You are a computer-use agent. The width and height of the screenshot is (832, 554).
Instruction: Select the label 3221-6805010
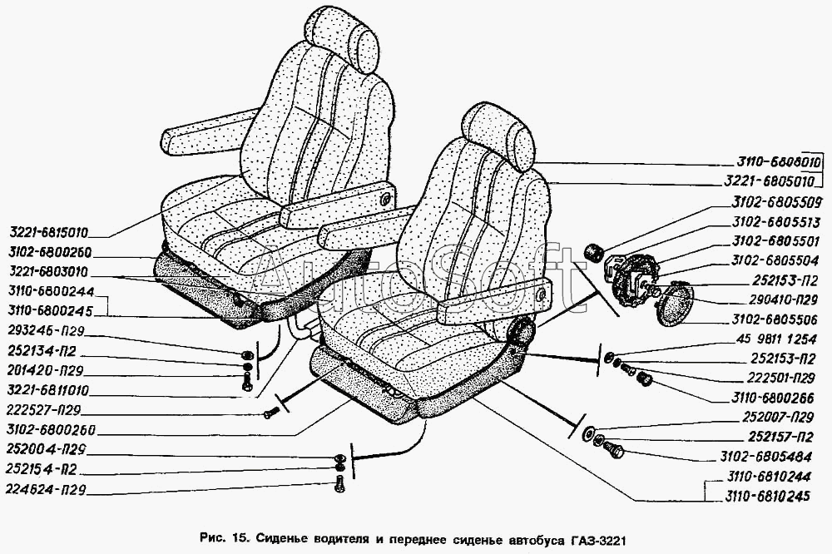tap(769, 181)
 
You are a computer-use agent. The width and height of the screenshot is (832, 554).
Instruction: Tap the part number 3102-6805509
tap(776, 201)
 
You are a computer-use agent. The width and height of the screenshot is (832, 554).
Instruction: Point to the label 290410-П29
tap(781, 300)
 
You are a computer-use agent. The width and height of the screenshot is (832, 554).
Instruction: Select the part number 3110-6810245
tap(767, 496)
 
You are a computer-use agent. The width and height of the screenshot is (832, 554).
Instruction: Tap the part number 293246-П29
tap(46, 331)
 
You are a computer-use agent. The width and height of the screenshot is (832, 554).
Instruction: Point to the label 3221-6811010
tap(47, 390)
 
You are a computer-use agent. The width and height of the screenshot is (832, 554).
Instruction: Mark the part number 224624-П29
tap(46, 489)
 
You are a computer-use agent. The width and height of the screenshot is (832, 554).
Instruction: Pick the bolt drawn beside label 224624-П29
tap(341, 484)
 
